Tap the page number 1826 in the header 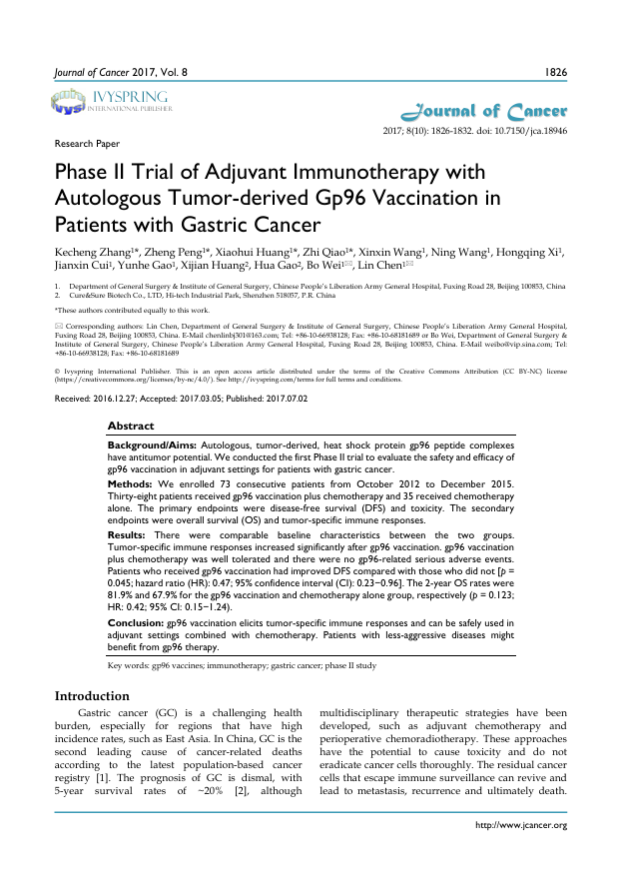point(554,73)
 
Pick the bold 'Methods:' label point(130,483)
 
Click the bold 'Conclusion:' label point(136,621)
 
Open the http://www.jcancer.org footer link point(524,825)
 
